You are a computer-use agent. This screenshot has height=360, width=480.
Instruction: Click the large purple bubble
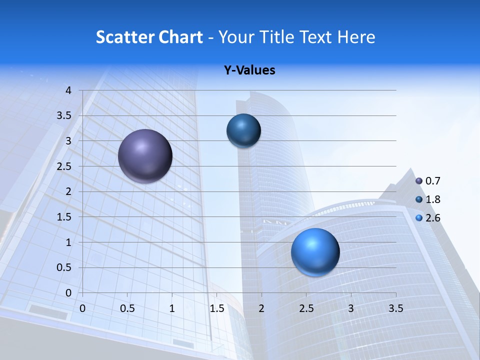click(145, 156)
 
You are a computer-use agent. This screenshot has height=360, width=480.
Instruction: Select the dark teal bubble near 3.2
click(243, 130)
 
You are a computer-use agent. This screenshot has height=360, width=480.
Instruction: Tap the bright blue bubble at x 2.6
click(315, 252)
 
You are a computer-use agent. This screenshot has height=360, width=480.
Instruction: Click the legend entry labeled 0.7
click(428, 181)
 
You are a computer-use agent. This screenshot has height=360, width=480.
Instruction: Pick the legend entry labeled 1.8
click(428, 199)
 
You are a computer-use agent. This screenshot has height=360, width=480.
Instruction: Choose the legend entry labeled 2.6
click(428, 218)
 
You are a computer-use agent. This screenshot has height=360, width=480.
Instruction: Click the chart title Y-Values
click(249, 70)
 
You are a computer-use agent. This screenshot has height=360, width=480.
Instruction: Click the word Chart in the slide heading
click(180, 37)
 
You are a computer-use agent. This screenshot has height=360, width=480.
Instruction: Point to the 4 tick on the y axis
click(68, 90)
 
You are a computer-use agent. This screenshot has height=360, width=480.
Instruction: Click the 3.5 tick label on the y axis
click(64, 116)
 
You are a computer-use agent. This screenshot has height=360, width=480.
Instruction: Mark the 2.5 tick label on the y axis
click(64, 166)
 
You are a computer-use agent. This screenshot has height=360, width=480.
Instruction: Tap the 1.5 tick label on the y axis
click(64, 217)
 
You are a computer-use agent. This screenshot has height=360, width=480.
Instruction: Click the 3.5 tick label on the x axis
click(395, 308)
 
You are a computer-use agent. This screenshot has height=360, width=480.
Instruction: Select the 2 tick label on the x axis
click(261, 308)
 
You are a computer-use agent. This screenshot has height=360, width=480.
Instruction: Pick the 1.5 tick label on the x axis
click(216, 308)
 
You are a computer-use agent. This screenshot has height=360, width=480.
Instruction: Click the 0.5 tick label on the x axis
click(127, 308)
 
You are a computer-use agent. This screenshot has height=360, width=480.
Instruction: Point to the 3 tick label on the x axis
click(351, 308)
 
